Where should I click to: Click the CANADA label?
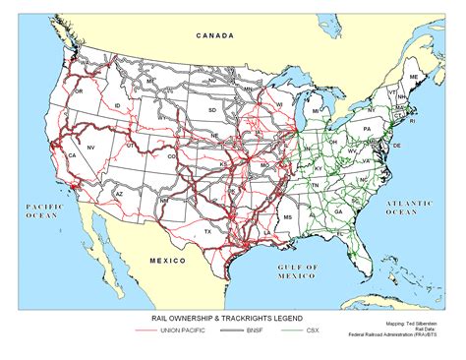pos(214,35)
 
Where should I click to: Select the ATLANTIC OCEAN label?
pos(407,207)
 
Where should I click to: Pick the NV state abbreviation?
pos(91,146)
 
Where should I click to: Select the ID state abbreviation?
pos(117,104)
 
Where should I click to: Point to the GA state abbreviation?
pos(339,210)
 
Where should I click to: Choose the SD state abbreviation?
pos(211,110)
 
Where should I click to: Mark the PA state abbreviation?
pos(367,129)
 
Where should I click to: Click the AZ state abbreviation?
pos(119,195)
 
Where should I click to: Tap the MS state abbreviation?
pos(288,213)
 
